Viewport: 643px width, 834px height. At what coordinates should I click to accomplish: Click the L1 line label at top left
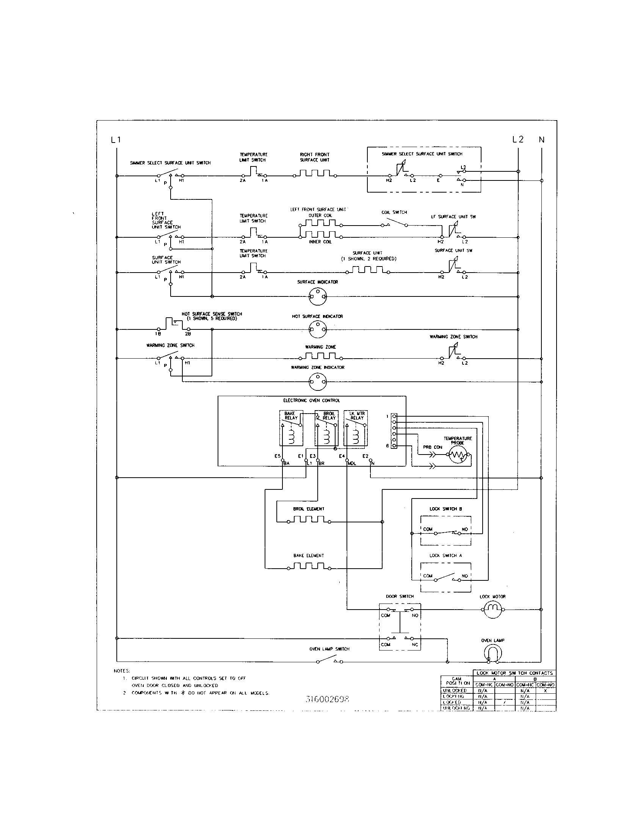[116, 140]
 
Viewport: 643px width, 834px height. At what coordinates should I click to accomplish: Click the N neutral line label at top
[541, 140]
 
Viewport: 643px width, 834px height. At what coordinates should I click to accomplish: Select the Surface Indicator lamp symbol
[318, 296]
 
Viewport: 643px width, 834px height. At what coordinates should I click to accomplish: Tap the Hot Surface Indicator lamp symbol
[318, 329]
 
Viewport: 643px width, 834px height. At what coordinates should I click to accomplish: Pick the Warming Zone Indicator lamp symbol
[318, 381]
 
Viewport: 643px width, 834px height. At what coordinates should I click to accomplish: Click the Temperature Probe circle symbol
[458, 455]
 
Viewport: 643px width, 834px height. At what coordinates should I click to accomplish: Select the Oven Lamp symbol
[493, 654]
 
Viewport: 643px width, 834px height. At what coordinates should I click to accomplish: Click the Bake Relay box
[291, 428]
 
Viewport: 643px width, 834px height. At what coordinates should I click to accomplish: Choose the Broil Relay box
[326, 428]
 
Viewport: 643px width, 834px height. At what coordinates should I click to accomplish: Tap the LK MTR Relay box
[356, 428]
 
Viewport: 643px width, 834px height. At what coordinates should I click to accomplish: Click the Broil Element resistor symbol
[309, 521]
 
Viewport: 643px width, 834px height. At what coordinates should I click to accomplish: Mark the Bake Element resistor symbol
[309, 568]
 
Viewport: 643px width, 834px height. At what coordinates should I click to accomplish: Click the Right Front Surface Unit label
[314, 157]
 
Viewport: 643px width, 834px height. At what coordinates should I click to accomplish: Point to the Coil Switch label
[394, 212]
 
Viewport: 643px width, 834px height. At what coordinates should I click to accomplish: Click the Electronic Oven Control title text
[311, 401]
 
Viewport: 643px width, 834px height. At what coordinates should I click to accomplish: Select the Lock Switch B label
[445, 509]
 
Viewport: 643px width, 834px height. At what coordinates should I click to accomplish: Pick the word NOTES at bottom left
[122, 671]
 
